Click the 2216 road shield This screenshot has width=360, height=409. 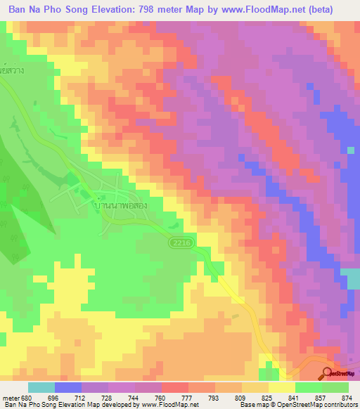pyautogui.click(x=179, y=242)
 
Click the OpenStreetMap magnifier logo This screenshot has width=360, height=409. pyautogui.click(x=328, y=373)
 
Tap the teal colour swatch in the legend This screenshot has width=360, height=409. pyautogui.click(x=41, y=388)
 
